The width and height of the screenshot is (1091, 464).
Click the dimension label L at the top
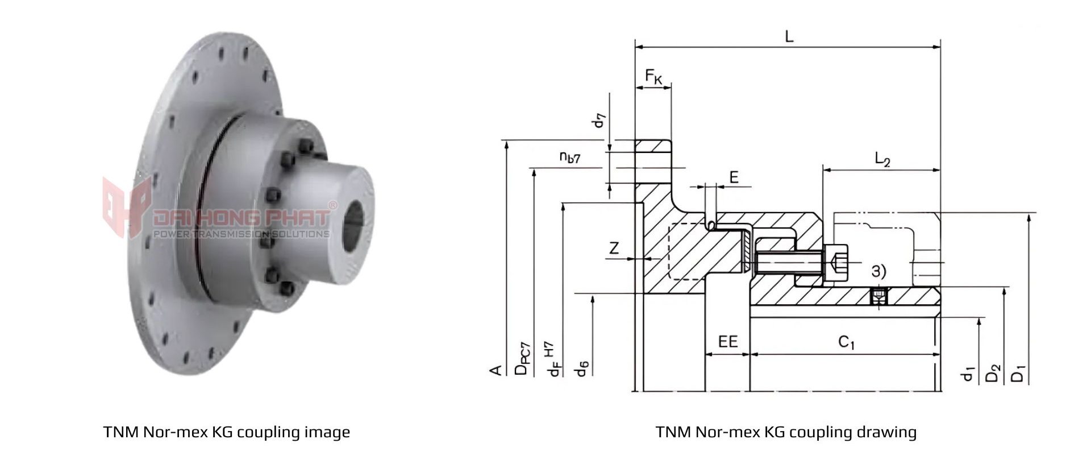pos(789,36)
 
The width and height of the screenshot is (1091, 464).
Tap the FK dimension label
pos(653,76)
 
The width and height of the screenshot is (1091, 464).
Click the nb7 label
pos(569,158)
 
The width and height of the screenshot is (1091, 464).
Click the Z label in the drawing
pos(614,248)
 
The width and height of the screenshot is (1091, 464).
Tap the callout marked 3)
pos(878,271)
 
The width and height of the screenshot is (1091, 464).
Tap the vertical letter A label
pos(495,371)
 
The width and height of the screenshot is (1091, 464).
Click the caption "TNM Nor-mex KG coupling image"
pos(227,432)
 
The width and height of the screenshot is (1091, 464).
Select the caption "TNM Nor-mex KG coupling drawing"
pos(786,432)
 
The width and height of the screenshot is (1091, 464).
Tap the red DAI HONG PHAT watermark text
pos(241,218)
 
